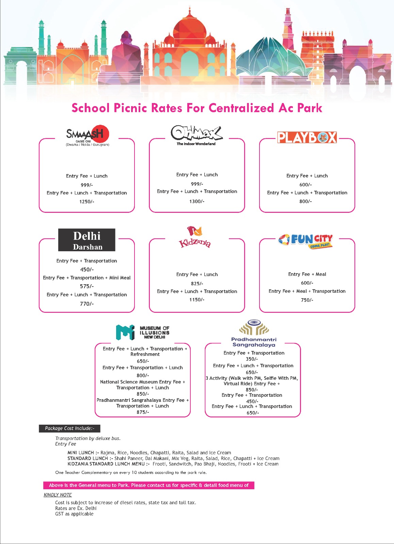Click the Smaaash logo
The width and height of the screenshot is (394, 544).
point(88,135)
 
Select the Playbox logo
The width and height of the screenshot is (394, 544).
point(307,137)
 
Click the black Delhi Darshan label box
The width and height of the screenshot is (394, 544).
point(87,240)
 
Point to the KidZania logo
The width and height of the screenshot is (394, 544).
point(195,237)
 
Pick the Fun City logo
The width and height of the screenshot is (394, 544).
point(305,240)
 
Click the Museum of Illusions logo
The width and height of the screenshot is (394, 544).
point(143,332)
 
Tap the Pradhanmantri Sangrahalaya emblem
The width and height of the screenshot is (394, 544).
point(254,327)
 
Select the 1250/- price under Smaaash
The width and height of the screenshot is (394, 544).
point(86,202)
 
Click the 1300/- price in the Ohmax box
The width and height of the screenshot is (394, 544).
point(197,201)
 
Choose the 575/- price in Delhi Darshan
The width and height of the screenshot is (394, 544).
point(87,286)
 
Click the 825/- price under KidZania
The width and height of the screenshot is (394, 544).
point(197,283)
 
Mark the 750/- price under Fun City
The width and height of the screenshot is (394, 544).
point(307,300)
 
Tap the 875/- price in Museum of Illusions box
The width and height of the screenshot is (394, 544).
point(143,412)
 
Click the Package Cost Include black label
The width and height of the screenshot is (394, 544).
point(69,428)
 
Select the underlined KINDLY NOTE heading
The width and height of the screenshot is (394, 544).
point(58,495)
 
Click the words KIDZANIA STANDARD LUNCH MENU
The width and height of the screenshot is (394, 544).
point(108,464)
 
